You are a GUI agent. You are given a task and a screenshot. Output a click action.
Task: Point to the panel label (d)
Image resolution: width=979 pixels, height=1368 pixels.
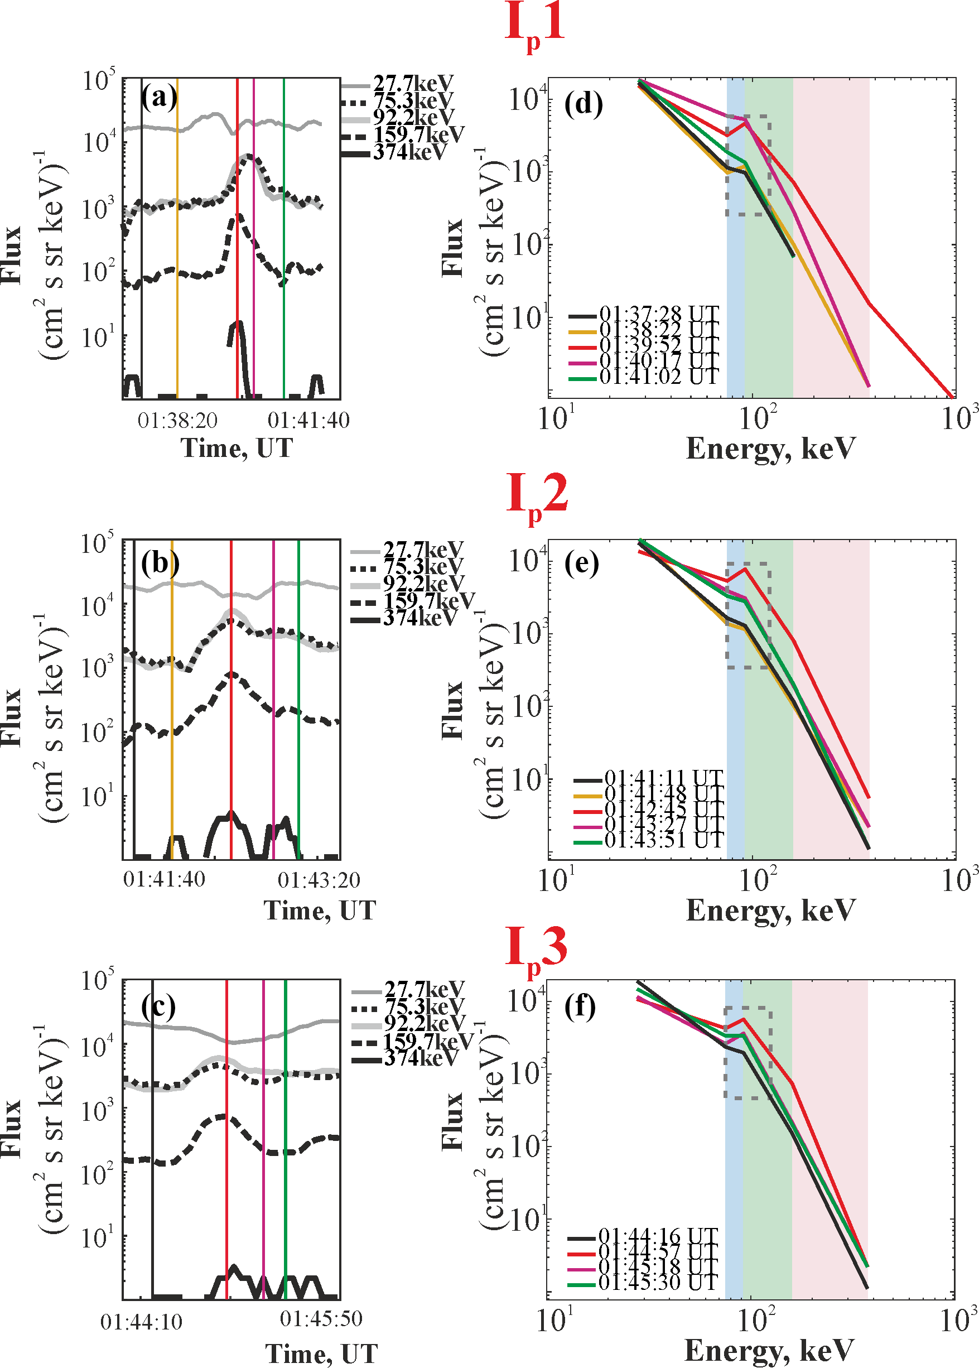583,104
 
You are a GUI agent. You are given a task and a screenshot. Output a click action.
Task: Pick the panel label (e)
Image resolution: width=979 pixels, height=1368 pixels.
581,563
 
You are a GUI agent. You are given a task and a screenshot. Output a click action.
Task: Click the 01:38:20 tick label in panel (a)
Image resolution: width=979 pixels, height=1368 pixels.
177,420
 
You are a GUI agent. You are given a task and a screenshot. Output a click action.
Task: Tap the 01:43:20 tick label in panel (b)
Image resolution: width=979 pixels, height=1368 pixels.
319,880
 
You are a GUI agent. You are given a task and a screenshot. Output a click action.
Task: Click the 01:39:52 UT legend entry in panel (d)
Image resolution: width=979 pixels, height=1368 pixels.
658,345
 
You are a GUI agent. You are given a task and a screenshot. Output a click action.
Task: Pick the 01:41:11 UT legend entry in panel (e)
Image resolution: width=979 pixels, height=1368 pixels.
663,778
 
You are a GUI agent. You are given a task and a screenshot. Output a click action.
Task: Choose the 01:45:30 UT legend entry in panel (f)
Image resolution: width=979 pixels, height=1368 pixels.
657,1282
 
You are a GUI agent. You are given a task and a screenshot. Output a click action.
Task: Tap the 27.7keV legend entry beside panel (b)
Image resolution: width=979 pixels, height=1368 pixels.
423,549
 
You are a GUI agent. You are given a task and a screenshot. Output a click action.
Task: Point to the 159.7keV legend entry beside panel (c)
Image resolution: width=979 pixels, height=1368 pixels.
428,1041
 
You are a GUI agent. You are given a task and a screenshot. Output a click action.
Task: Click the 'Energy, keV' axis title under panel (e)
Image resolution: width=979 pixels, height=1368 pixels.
770,911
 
